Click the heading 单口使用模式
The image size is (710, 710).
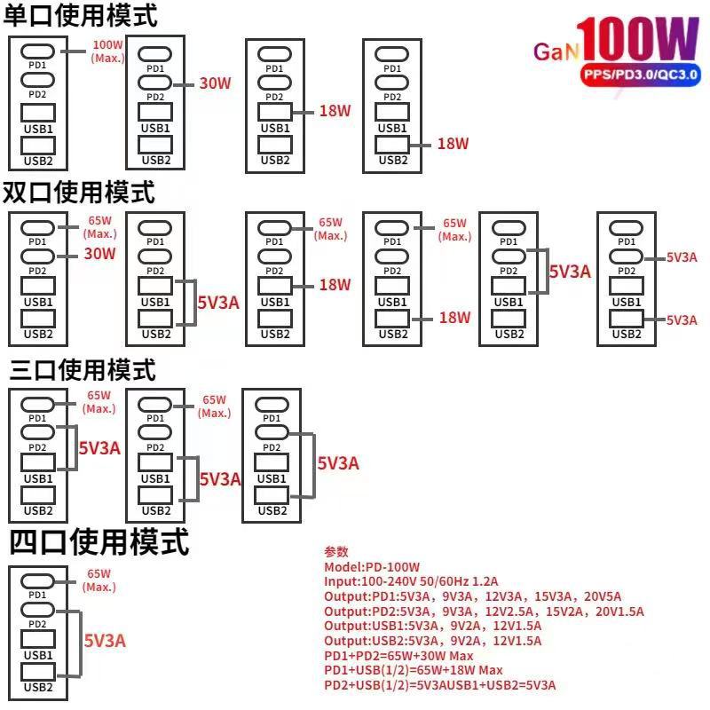[80, 16]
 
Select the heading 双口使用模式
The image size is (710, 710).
[79, 192]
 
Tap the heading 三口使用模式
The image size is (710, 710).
[83, 369]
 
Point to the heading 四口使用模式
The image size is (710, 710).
[99, 541]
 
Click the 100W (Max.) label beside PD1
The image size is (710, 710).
[107, 51]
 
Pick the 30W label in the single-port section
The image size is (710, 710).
[215, 83]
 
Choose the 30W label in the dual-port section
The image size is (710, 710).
[99, 254]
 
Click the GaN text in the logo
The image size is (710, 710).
[556, 51]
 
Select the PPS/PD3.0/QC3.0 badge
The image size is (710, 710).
[640, 75]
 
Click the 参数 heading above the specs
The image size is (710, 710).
[336, 551]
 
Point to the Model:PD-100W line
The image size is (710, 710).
[372, 567]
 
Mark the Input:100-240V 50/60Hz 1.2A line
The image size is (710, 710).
[411, 581]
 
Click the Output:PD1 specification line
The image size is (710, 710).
[473, 596]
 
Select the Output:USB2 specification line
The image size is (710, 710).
[433, 641]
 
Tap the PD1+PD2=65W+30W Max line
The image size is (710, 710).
[398, 656]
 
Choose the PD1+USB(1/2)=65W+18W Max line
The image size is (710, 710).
[414, 670]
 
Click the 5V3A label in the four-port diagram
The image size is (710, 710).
[105, 641]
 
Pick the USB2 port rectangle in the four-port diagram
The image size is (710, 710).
[38, 672]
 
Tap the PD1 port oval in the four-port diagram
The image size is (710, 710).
[38, 581]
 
